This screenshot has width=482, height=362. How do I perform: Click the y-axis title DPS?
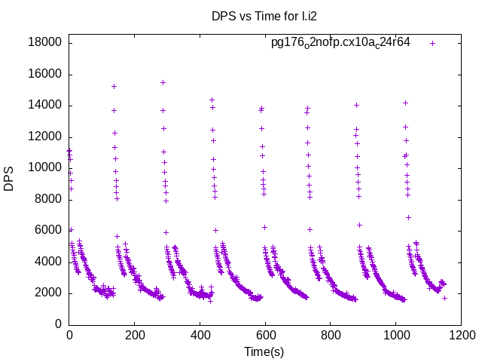9,179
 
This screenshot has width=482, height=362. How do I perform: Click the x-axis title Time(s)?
264,351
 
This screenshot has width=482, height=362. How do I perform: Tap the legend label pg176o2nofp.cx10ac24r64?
340,43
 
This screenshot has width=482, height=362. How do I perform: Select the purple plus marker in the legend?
432,43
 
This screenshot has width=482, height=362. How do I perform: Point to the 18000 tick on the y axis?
45,42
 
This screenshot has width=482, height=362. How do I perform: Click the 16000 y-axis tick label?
45,74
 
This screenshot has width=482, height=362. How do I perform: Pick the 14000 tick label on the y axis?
45,105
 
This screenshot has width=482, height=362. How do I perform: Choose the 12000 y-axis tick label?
45,137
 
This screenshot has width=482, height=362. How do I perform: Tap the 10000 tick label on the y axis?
45,167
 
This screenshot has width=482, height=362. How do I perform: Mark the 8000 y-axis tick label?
48,199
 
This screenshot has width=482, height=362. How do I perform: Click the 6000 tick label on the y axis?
48,231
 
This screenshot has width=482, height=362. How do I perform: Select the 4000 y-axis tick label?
48,262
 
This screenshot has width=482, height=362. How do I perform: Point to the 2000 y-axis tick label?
48,293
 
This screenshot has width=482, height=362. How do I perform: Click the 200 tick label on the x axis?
134,334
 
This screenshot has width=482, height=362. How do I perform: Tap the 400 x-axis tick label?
200,334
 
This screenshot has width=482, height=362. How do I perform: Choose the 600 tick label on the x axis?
264,334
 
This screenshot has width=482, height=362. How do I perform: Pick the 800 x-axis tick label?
330,334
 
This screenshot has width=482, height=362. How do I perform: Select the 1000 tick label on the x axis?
395,334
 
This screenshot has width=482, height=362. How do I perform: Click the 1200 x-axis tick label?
460,334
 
